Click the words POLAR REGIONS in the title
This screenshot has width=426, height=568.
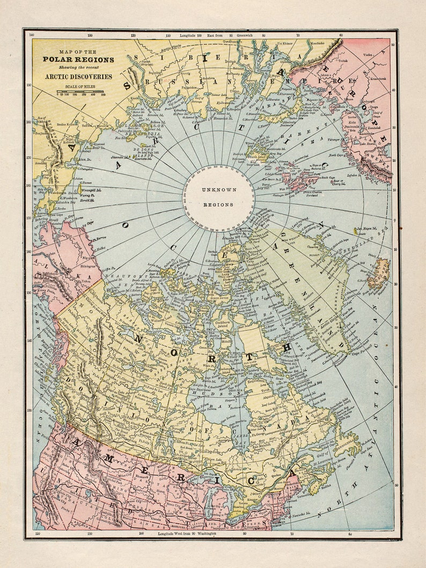point(78,60)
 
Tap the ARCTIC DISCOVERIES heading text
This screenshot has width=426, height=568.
point(78,77)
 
